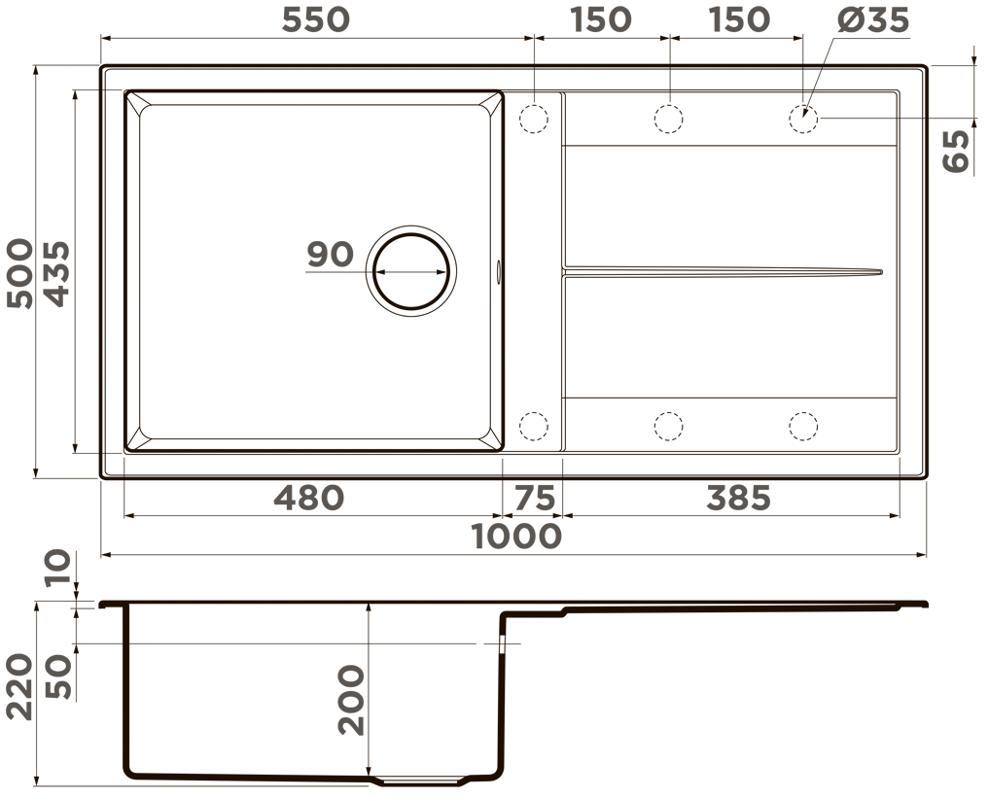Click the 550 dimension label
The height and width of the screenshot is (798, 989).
click(x=315, y=19)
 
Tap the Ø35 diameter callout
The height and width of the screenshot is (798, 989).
click(x=873, y=19)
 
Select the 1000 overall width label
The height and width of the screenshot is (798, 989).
click(x=516, y=537)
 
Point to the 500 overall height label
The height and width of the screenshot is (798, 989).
click(x=19, y=273)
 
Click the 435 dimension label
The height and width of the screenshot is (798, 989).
click(x=57, y=273)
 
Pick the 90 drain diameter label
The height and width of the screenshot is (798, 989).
click(x=330, y=254)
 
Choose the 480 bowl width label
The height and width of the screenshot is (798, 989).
click(x=309, y=498)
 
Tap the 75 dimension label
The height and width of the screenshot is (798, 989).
click(x=534, y=498)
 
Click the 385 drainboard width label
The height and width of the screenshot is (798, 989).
click(x=739, y=498)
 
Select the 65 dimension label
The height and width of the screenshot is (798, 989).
click(x=956, y=151)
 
